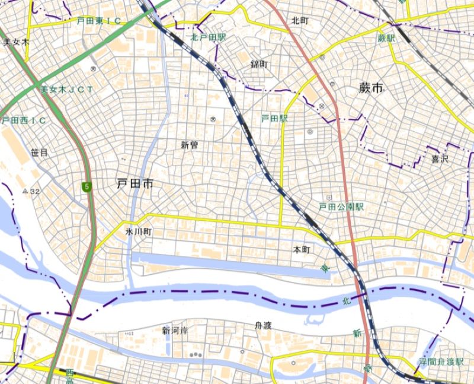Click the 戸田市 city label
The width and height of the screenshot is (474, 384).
[x=136, y=185]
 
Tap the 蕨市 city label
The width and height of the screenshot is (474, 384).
[x=371, y=88]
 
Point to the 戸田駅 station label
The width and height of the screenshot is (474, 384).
[x=274, y=119]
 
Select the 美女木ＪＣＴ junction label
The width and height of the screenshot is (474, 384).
[x=66, y=90]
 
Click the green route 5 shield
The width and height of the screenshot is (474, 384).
[x=88, y=188]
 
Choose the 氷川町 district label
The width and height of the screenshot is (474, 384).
[x=139, y=231]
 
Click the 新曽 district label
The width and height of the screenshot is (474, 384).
[x=190, y=145]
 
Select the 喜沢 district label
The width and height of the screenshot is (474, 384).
[x=440, y=159]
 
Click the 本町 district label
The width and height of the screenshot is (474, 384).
[x=302, y=249]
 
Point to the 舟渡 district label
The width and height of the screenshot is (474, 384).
[x=262, y=325]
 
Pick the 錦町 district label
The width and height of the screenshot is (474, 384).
[x=260, y=64]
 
